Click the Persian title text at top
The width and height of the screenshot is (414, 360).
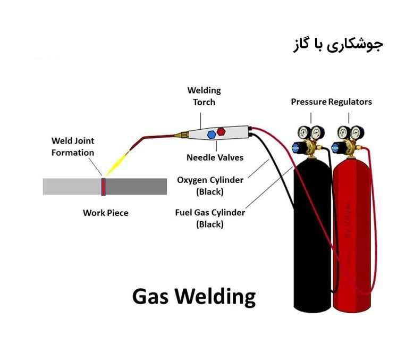[x=338, y=45]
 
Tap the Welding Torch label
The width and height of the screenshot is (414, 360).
[x=204, y=96]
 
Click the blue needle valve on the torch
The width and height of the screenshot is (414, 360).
[x=211, y=133]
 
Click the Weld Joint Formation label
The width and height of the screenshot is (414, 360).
[x=72, y=146]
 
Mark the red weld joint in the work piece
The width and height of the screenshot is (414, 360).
[x=104, y=187]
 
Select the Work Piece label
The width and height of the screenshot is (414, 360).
[x=105, y=213]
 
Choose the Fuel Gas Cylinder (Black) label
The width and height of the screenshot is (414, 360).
[x=210, y=218]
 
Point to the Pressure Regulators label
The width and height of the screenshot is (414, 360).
[x=331, y=102]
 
